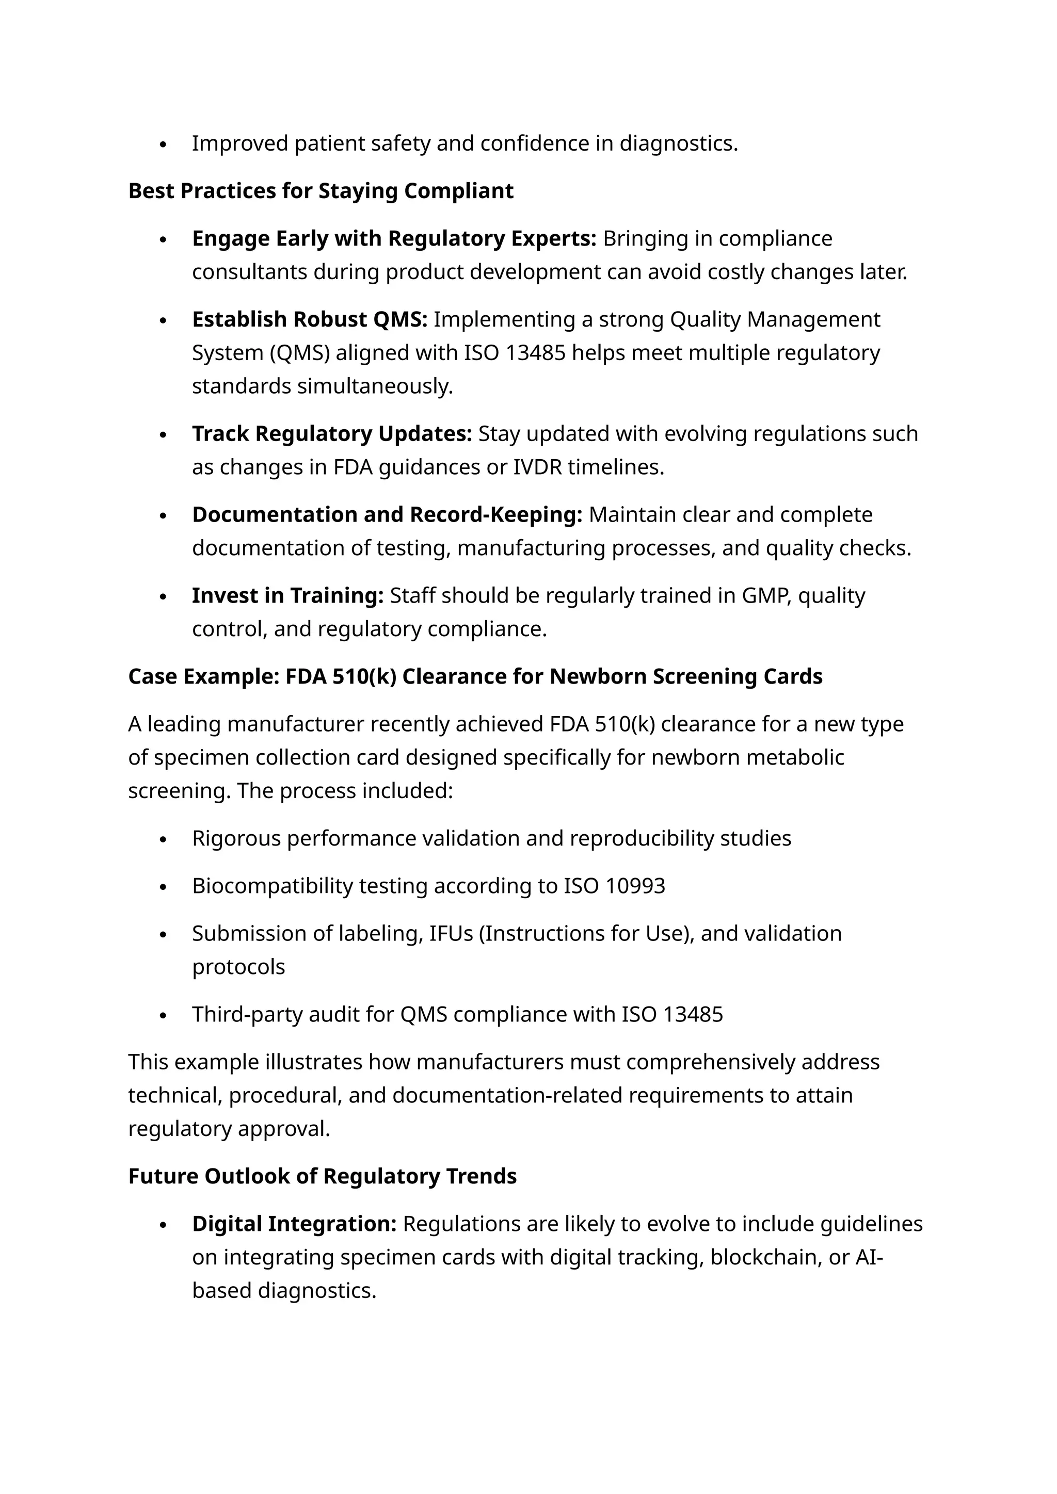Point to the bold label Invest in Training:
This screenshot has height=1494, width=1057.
(287, 595)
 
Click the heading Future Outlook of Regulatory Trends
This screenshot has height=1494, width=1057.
(322, 1176)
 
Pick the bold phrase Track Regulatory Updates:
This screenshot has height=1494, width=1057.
(332, 433)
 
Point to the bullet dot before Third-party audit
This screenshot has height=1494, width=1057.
(164, 1015)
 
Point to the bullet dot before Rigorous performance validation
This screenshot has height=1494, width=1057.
(164, 839)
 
